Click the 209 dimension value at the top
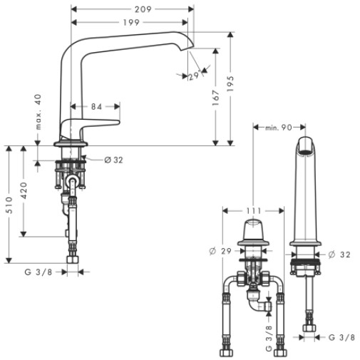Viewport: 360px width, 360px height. pyautogui.click(x=143, y=9)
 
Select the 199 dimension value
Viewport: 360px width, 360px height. pyautogui.click(x=131, y=23)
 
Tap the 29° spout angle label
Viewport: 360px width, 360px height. pyautogui.click(x=194, y=76)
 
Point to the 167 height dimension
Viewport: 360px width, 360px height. pyautogui.click(x=215, y=98)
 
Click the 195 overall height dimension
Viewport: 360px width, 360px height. pyautogui.click(x=230, y=84)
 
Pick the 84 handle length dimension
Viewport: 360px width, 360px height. pyautogui.click(x=97, y=107)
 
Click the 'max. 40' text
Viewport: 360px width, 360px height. pyautogui.click(x=38, y=112)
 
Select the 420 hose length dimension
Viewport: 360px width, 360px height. pyautogui.click(x=24, y=190)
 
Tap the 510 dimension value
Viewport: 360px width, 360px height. pyautogui.click(x=9, y=205)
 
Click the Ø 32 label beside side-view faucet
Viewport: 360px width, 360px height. pyautogui.click(x=114, y=160)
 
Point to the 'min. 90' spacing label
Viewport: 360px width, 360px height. pyautogui.click(x=278, y=128)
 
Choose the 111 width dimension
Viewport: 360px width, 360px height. pyautogui.click(x=254, y=211)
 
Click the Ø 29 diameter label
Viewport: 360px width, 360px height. pyautogui.click(x=220, y=251)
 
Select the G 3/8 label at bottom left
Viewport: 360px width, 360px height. pyautogui.click(x=38, y=272)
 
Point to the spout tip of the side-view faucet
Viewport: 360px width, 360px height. pyautogui.click(x=187, y=48)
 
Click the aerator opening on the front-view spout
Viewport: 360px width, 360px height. pyautogui.click(x=306, y=152)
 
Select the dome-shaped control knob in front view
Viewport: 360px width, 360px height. pyautogui.click(x=253, y=230)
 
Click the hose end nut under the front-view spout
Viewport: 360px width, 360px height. pyautogui.click(x=309, y=328)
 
